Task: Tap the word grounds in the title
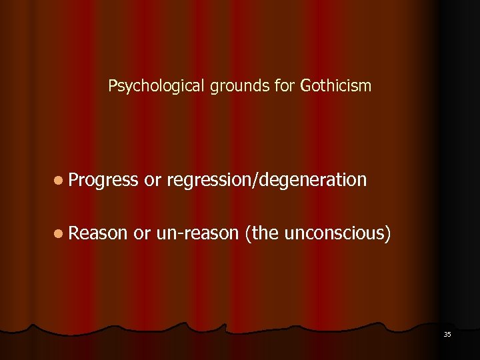click(x=231, y=86)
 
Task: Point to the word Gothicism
click(x=336, y=86)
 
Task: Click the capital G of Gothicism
click(x=306, y=86)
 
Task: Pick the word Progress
click(x=103, y=180)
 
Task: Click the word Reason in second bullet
click(x=97, y=233)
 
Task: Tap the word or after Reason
click(x=142, y=233)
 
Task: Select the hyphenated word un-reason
click(x=197, y=233)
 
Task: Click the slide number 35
click(x=447, y=334)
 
